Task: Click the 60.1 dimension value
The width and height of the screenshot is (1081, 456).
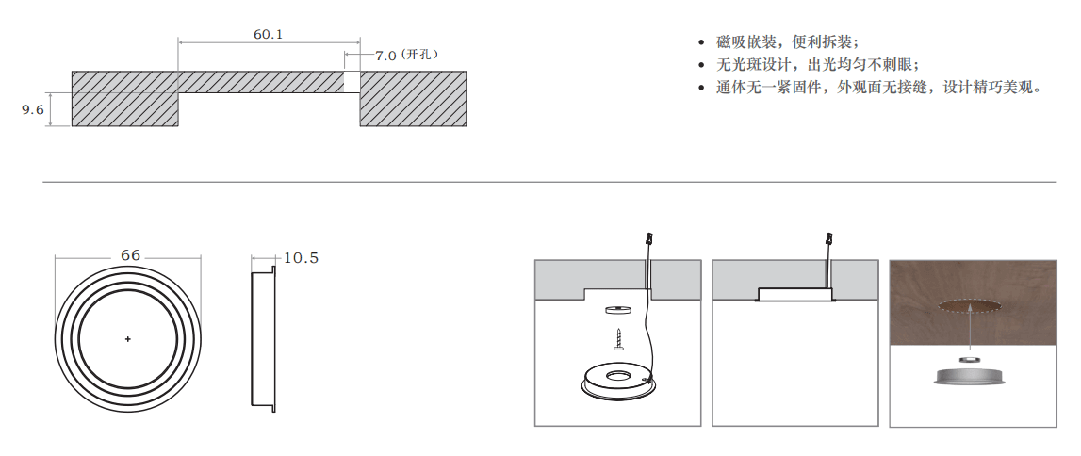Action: (269, 34)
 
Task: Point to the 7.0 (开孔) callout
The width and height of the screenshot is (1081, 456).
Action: (406, 56)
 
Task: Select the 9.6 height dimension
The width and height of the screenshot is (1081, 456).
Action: (33, 110)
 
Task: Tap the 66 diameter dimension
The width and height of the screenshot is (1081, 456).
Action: (130, 255)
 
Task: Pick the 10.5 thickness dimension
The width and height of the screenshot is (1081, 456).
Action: (301, 258)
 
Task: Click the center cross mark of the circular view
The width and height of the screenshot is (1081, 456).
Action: (127, 338)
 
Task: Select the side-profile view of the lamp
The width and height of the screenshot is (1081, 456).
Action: (263, 338)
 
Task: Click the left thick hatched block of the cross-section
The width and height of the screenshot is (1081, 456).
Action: (125, 98)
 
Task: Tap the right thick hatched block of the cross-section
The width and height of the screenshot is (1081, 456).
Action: (414, 98)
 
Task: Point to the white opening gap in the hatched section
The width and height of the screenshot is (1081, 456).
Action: (352, 82)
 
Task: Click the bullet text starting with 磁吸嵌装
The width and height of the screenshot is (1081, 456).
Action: (787, 42)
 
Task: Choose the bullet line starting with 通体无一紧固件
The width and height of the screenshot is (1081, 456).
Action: (877, 88)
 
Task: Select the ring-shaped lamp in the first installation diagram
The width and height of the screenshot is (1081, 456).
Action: (617, 381)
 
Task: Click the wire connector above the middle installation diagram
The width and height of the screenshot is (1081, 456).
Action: (829, 240)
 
